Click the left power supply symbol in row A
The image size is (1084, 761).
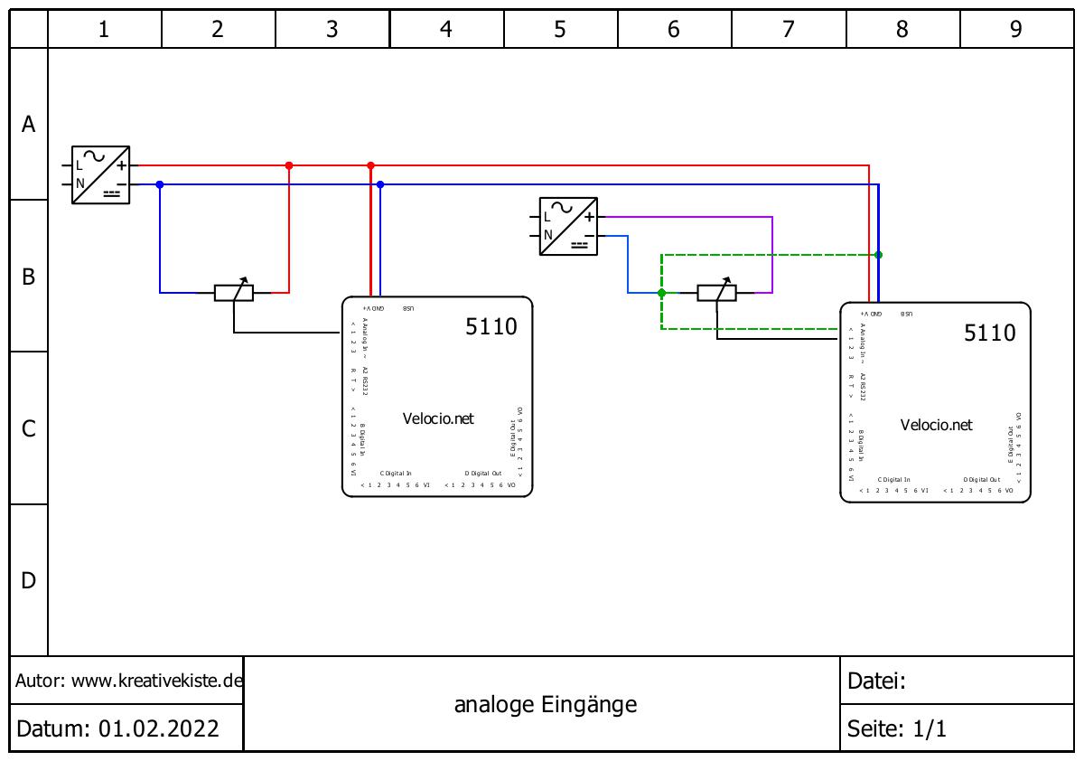coord(100,174)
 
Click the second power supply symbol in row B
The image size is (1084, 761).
coord(568,226)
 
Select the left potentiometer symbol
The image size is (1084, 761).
coord(233,292)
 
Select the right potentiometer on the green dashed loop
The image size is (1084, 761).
coord(716,292)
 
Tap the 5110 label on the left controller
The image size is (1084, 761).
coord(491,326)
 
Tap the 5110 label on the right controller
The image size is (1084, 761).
coord(990,333)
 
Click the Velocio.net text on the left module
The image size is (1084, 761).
coord(438,418)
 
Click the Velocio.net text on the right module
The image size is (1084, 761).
coord(937,425)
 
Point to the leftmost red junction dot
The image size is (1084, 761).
coord(289,166)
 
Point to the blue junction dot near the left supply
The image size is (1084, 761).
coord(160,184)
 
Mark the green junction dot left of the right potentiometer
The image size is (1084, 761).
coord(661,293)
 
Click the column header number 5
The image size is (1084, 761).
coord(560,29)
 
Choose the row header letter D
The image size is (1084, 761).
coord(29,580)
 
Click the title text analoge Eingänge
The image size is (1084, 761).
coord(546,704)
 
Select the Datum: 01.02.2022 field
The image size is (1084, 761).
coord(117,728)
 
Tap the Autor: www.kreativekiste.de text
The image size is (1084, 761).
coord(129,681)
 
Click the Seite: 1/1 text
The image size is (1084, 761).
coord(897,728)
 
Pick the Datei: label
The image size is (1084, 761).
coord(876,681)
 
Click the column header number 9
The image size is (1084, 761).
coord(1016,29)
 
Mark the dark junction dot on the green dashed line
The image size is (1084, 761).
coord(878,255)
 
